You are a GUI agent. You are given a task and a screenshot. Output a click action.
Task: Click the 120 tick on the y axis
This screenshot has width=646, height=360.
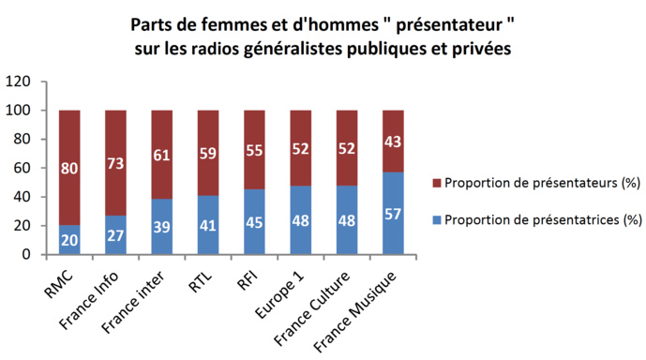pos(19,82)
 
